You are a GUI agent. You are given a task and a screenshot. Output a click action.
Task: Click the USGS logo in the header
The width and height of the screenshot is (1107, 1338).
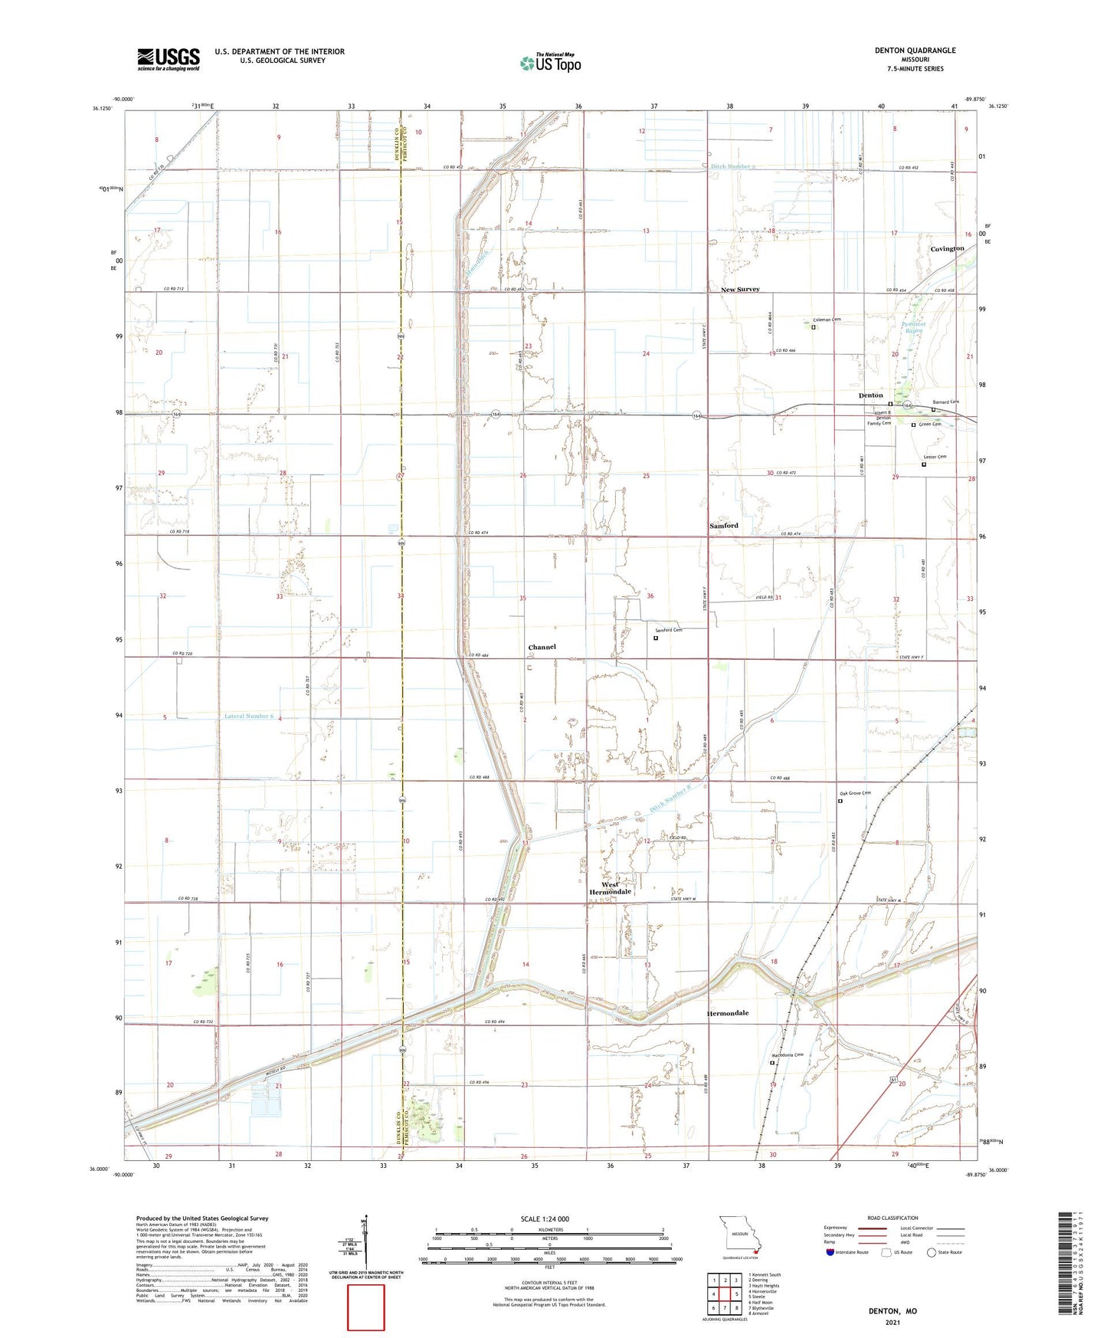169,59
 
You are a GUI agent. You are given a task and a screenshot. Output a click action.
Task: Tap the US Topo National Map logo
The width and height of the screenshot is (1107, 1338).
549,63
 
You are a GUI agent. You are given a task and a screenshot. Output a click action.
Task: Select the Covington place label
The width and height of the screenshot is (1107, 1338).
947,249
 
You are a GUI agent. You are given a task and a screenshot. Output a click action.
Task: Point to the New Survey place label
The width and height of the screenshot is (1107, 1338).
740,290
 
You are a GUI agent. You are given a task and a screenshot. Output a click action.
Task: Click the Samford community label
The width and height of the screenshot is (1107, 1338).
723,526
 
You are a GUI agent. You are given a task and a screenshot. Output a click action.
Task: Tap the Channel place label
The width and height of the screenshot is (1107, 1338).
542,648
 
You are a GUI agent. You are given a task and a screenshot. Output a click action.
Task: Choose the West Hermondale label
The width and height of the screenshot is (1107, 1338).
610,889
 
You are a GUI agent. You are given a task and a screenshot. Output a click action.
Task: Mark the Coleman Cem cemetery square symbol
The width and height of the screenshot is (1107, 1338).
814,327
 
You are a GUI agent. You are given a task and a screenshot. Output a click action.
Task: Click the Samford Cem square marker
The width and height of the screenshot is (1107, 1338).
656,638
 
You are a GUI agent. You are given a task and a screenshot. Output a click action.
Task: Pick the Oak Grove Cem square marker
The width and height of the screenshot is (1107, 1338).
840,802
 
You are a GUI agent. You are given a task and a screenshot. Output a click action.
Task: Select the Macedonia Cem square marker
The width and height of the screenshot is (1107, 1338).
771,1063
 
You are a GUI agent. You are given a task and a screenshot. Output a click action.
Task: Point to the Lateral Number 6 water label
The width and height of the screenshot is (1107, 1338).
248,717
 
